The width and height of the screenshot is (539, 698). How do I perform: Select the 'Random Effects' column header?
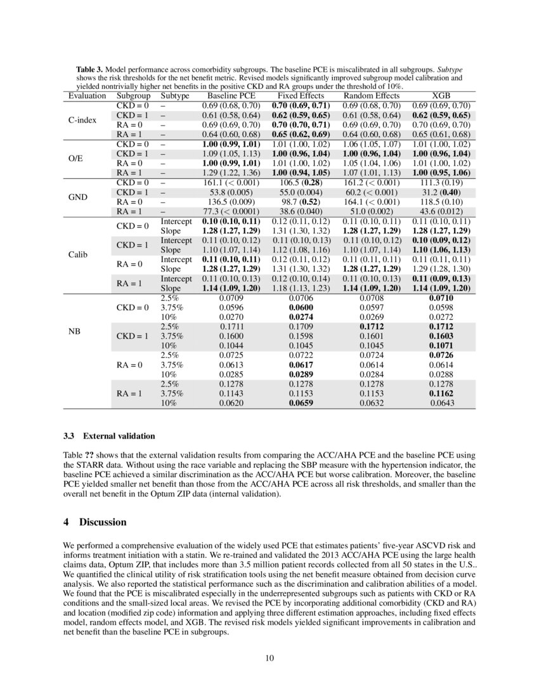point(370,96)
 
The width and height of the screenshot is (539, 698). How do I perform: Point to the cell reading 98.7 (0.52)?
point(301,202)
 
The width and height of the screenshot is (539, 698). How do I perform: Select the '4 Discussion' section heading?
point(94,522)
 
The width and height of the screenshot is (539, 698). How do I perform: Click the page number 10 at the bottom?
point(269,658)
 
